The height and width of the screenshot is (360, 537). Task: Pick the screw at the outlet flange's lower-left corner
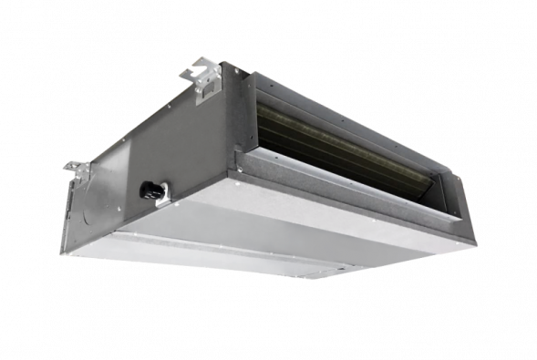pos(240,168)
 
